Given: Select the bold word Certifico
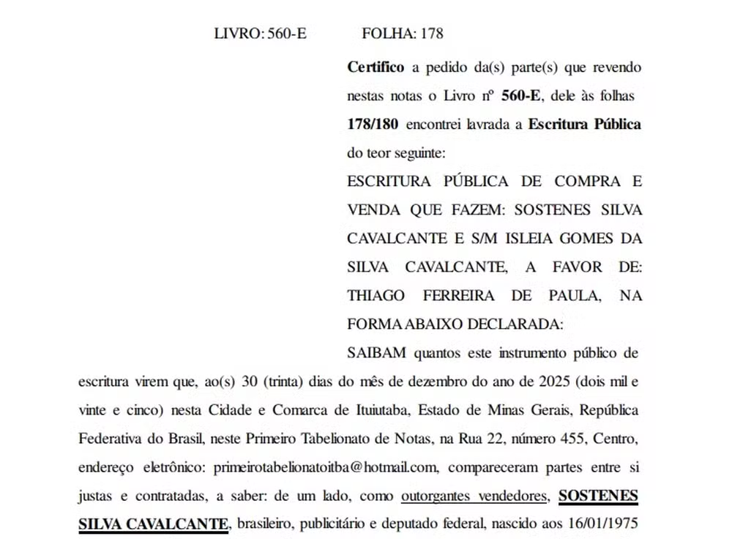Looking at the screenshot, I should (x=376, y=67).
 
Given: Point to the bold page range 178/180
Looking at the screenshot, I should (x=373, y=124).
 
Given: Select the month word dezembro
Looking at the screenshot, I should (x=455, y=382).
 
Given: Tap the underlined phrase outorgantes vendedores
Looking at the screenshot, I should (x=475, y=496).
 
